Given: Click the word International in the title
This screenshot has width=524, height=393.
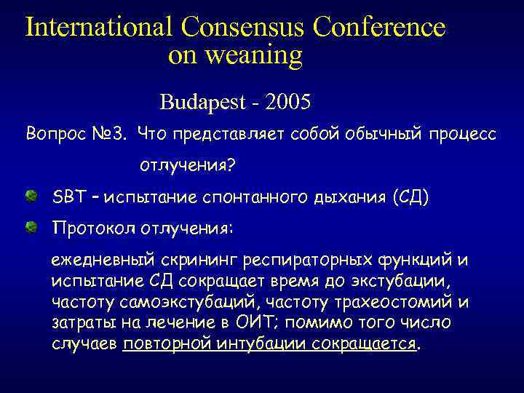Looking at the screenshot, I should (x=98, y=27).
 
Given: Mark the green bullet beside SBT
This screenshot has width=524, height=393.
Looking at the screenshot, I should (x=32, y=196).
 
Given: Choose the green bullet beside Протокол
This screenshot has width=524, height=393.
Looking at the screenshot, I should (x=32, y=228).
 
